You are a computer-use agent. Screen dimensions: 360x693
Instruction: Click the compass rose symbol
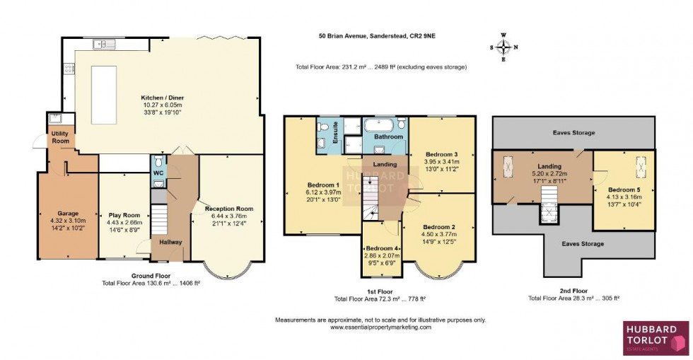tap(503, 47)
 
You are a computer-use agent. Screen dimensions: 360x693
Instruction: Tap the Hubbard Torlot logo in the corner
tap(656, 338)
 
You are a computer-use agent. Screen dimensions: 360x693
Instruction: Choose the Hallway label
tap(170, 242)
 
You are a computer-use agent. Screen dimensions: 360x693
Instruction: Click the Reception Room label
tap(228, 209)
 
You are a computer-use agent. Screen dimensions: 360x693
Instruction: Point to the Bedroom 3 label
tap(441, 154)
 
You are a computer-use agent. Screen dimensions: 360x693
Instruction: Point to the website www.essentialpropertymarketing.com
tap(380, 327)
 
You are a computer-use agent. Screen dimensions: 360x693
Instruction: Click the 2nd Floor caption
tap(573, 290)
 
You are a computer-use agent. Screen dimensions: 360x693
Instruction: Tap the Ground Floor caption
tap(150, 275)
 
